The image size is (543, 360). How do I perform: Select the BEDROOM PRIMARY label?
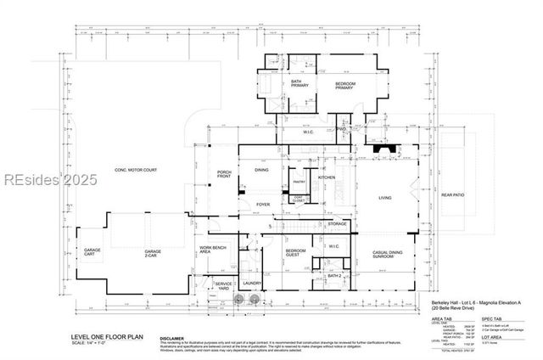pos(344,85)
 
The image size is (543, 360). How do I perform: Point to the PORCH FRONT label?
pos(225,174)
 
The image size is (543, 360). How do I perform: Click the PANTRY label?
pos(299,182)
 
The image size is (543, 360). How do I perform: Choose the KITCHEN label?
pos(327,177)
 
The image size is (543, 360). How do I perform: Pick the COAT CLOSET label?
pos(299,200)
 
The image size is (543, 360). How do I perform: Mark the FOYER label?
pos(264,204)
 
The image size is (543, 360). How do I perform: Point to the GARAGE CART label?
pos(88,253)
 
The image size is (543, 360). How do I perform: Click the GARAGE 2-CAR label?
pos(153,253)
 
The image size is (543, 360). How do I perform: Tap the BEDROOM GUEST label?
pos(294,253)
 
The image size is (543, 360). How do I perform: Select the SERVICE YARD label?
pos(223,285)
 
